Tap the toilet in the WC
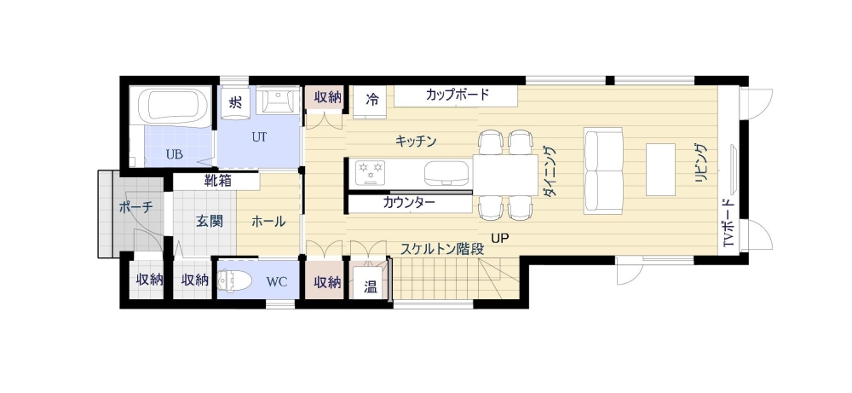click(x=235, y=281)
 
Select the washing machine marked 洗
click(x=235, y=101)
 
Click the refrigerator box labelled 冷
click(x=372, y=101)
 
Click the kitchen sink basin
click(x=446, y=171)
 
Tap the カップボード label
click(x=458, y=95)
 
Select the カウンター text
click(x=409, y=203)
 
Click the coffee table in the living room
click(x=660, y=169)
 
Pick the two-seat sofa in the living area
click(x=603, y=170)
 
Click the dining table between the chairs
click(x=505, y=174)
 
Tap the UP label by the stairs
click(x=500, y=238)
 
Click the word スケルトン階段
click(x=442, y=249)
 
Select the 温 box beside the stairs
click(x=370, y=284)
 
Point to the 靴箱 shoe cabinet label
click(x=218, y=181)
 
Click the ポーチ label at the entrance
click(x=135, y=207)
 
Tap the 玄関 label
click(x=210, y=222)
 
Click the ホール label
click(x=268, y=222)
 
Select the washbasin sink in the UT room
click(x=277, y=101)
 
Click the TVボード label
click(x=730, y=223)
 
